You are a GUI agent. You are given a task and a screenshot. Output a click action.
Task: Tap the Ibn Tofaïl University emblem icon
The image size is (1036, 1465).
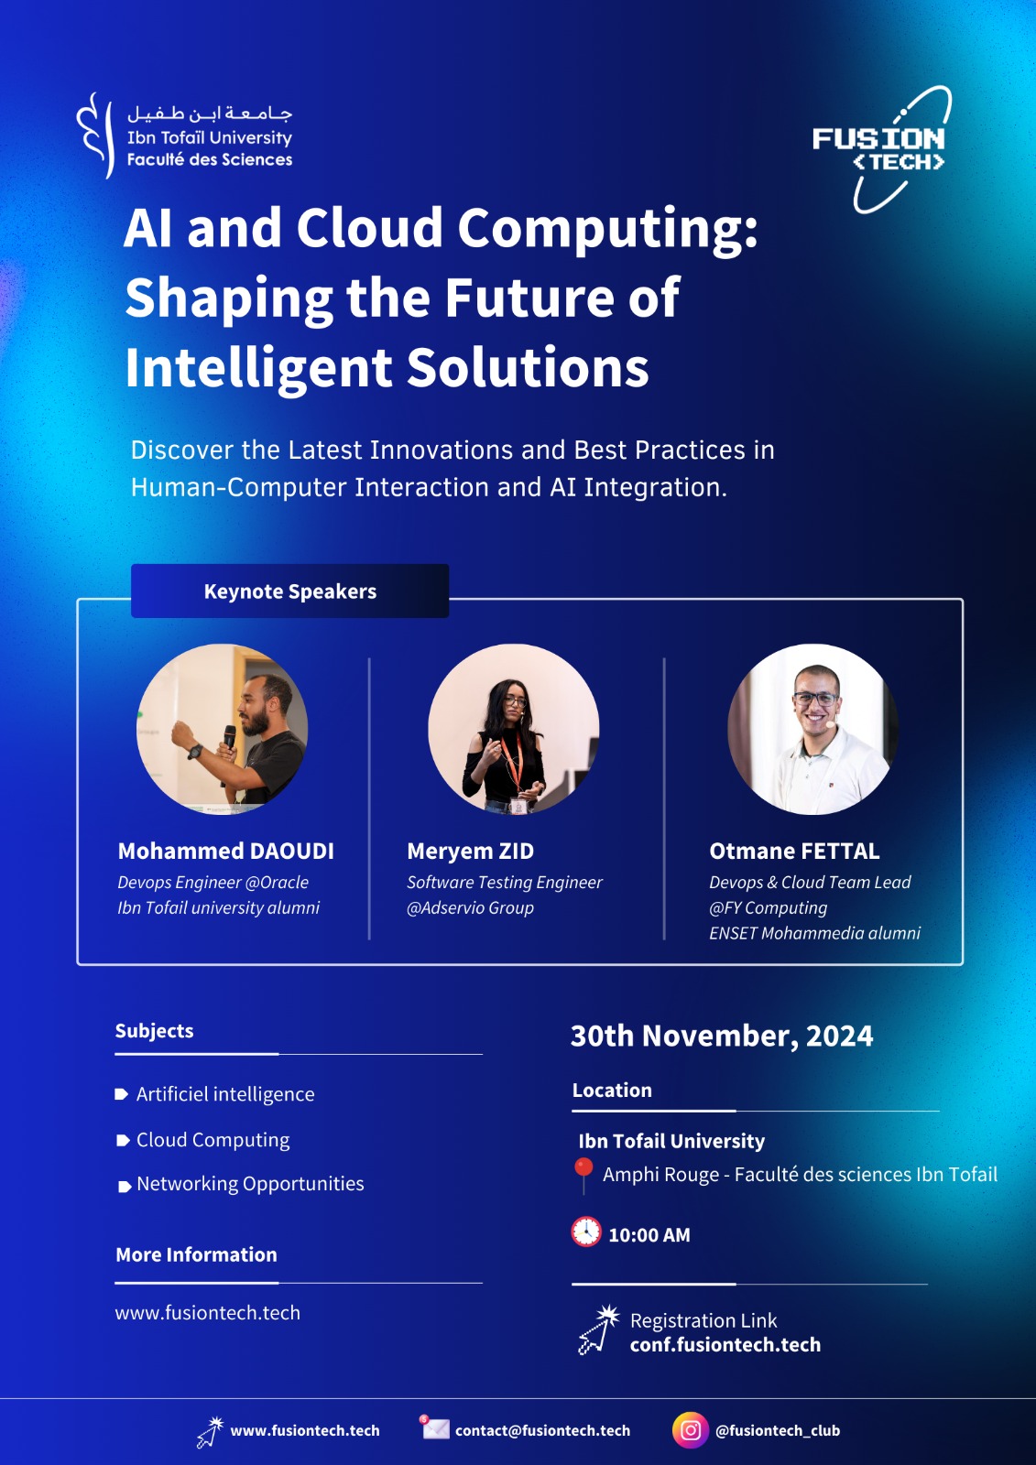pyautogui.click(x=95, y=136)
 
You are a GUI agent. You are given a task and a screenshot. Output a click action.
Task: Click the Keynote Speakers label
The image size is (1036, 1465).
pyautogui.click(x=290, y=591)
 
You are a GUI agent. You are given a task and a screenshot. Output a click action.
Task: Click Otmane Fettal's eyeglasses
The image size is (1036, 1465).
pyautogui.click(x=815, y=699)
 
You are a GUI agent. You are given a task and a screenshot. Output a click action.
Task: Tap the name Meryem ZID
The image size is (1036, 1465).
pyautogui.click(x=471, y=851)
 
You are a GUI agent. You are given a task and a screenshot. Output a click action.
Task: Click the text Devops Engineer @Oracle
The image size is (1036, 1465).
pyautogui.click(x=213, y=883)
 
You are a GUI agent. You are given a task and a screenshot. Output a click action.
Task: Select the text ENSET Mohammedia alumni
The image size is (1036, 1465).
pyautogui.click(x=815, y=933)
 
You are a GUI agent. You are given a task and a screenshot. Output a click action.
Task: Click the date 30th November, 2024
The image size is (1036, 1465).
pyautogui.click(x=722, y=1036)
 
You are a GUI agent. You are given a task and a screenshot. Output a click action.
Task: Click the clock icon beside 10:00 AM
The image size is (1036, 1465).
pyautogui.click(x=586, y=1232)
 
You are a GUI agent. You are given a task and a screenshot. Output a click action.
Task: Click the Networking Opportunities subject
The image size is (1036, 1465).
pyautogui.click(x=250, y=1184)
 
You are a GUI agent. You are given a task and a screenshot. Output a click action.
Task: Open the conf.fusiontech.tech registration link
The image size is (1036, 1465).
pyautogui.click(x=725, y=1345)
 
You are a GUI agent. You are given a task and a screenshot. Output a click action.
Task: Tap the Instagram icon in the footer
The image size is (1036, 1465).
pyautogui.click(x=691, y=1430)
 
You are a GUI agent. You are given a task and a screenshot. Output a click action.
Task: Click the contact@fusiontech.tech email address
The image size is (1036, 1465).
pyautogui.click(x=542, y=1430)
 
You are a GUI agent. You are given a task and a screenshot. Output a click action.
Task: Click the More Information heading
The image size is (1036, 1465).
pyautogui.click(x=196, y=1254)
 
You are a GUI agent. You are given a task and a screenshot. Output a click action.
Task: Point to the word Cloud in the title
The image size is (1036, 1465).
pyautogui.click(x=370, y=228)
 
